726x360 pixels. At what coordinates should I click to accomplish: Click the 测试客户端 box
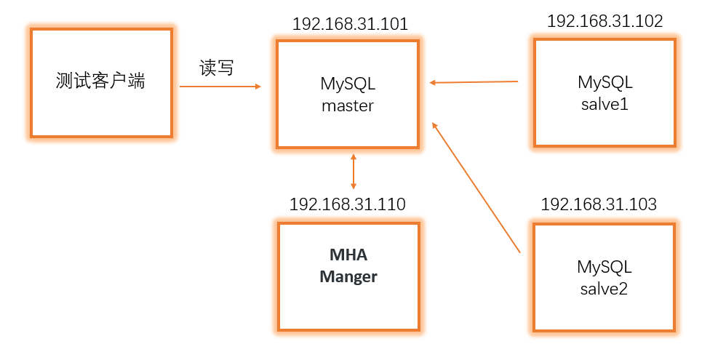pos(101,82)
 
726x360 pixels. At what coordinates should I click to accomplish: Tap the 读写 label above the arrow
pos(217,68)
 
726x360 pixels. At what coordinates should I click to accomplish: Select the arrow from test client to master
pos(218,87)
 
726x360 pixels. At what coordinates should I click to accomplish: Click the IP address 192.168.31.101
pos(350,24)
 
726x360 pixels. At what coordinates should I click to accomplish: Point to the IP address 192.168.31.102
pos(605,21)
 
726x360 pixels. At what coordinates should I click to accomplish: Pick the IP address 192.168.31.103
pos(599,204)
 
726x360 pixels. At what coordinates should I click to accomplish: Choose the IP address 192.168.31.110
pos(347,204)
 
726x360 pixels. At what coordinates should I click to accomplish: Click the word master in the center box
pos(348,105)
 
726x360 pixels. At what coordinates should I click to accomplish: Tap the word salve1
pos(605,104)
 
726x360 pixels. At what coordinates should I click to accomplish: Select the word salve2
pos(604,289)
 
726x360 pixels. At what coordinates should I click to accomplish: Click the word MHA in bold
pos(348,255)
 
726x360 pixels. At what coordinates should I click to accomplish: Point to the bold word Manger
pos(348,276)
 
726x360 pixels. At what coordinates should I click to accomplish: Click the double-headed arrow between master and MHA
pos(354,171)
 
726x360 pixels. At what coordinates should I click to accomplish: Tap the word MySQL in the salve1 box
pos(605,82)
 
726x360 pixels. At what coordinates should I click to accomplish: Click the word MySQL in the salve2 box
pos(604,267)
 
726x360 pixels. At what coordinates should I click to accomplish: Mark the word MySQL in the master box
pos(348,84)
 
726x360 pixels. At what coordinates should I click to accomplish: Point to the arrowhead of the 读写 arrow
pos(258,87)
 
